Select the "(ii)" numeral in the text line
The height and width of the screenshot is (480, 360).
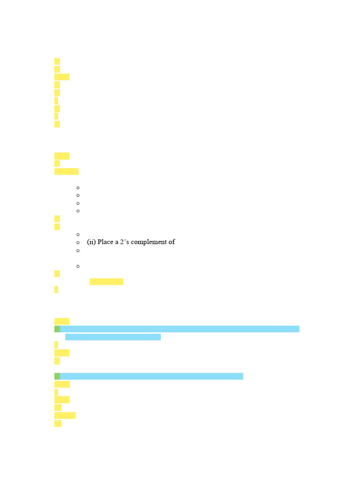(91, 242)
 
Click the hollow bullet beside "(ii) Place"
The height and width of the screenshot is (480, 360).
(78, 243)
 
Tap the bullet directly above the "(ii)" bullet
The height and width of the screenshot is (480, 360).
(78, 234)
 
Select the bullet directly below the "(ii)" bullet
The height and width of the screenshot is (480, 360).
(78, 251)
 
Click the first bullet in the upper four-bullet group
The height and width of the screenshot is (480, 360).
(78, 187)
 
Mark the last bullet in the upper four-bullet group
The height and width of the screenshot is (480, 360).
(78, 211)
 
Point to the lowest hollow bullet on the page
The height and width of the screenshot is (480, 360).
(78, 266)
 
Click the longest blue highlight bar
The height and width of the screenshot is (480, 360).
(180, 329)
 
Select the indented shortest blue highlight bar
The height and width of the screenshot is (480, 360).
(113, 337)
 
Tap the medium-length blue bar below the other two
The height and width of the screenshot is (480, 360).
(151, 376)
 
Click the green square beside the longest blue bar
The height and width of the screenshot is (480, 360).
(57, 329)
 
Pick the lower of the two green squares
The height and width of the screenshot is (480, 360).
(57, 376)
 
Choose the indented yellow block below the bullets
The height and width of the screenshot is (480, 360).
(106, 282)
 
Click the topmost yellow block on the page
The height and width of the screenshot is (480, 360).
(57, 61)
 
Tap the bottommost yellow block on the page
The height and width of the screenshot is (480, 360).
(58, 424)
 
